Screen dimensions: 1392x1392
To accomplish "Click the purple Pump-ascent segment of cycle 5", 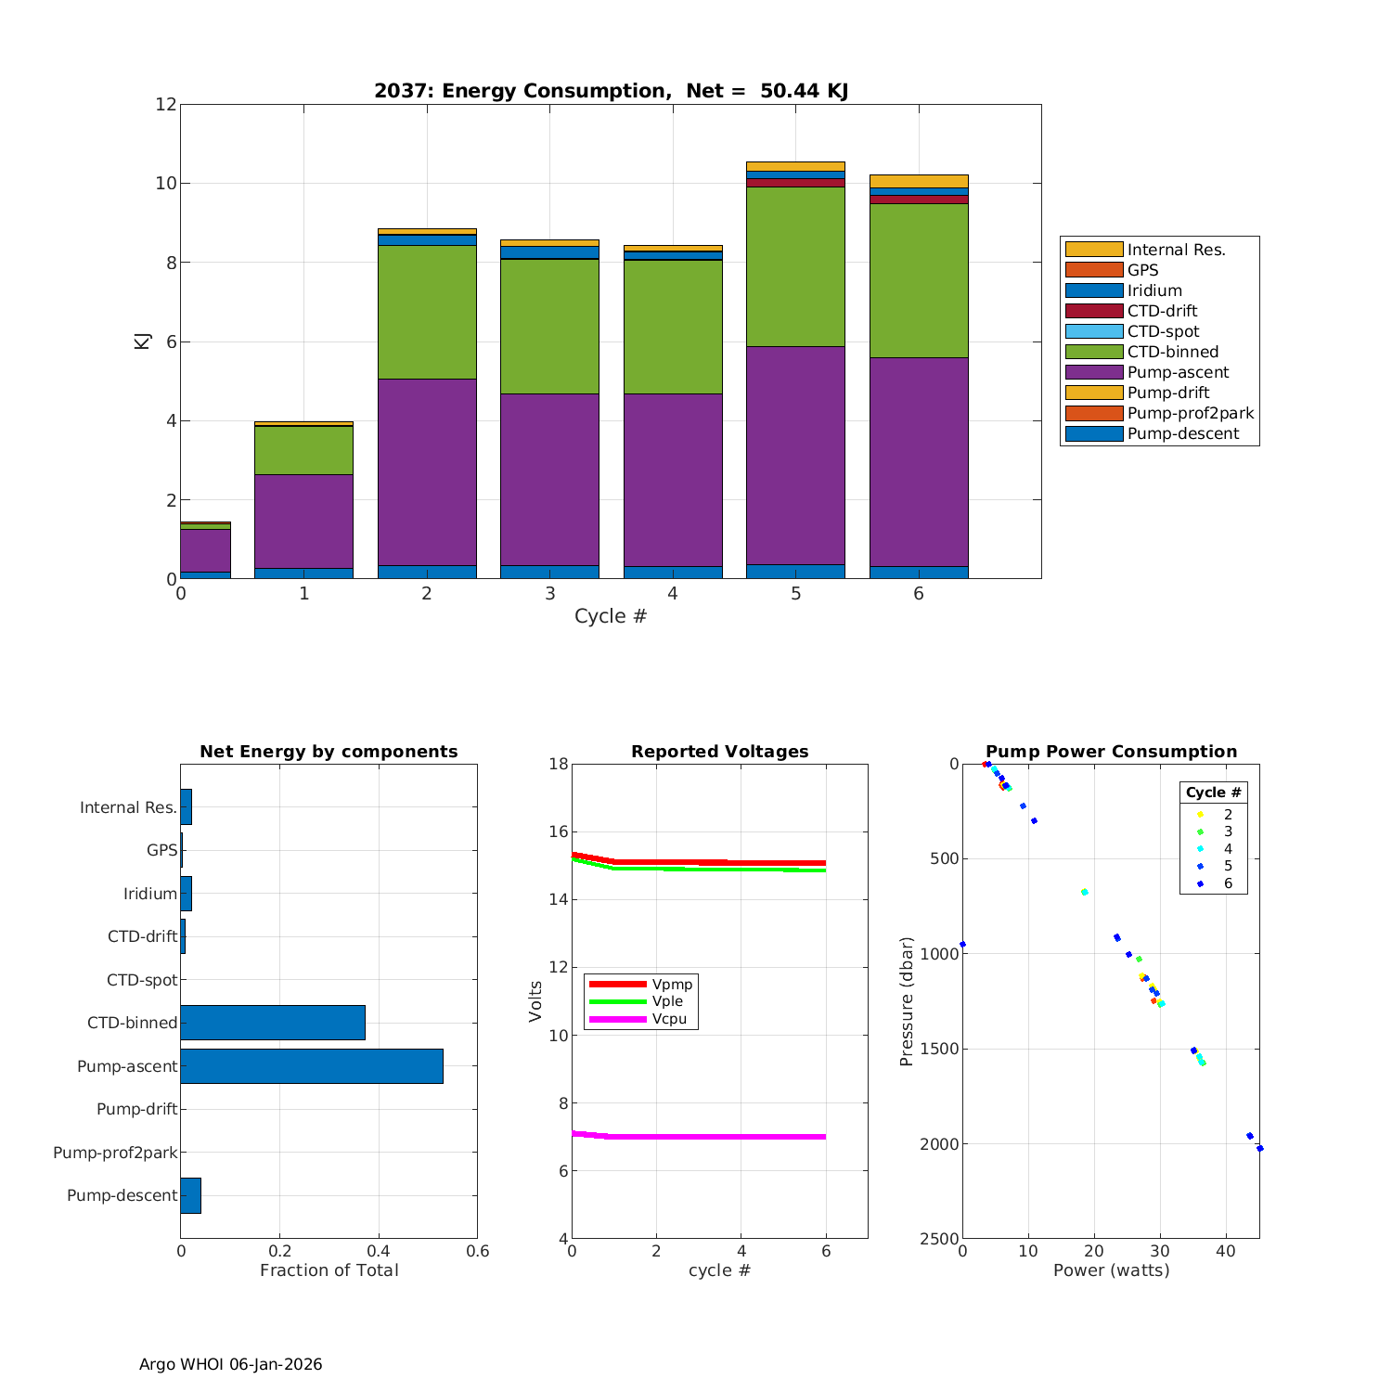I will tap(795, 455).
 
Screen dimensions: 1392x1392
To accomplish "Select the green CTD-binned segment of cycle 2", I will tap(427, 312).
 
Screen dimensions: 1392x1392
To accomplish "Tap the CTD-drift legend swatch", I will tap(1093, 311).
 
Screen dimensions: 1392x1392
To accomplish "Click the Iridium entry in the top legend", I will tap(1154, 290).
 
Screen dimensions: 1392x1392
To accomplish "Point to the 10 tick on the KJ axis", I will tap(166, 184).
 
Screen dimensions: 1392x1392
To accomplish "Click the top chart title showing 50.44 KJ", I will tap(611, 91).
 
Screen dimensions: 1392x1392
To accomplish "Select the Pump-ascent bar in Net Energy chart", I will tap(312, 1066).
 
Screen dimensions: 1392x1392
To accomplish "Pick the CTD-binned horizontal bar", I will tap(273, 1023).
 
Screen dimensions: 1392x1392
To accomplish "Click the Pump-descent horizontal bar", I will tap(190, 1195).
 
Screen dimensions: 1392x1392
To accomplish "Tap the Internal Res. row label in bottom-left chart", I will tap(128, 807).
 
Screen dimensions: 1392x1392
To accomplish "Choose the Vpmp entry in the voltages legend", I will tap(672, 984).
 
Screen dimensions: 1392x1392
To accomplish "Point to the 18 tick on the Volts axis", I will tap(558, 764).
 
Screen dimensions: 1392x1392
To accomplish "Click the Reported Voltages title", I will tap(719, 752).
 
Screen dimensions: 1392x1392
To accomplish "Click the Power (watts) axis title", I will tap(1111, 1270).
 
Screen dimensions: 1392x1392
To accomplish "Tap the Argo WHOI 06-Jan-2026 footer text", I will tap(230, 1364).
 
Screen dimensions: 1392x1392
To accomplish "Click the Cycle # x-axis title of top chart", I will tap(610, 616).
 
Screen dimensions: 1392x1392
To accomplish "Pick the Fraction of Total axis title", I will tap(329, 1270).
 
